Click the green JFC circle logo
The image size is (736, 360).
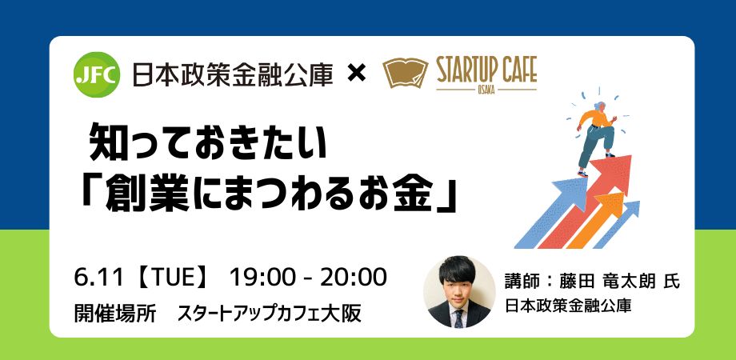[97, 74]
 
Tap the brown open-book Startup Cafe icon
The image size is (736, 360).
[406, 74]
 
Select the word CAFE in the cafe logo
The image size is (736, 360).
[524, 70]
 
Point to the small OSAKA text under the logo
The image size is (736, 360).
[486, 90]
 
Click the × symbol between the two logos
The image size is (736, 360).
[356, 74]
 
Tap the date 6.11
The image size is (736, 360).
[98, 278]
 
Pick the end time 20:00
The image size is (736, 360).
[354, 278]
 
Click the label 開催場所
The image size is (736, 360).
[115, 314]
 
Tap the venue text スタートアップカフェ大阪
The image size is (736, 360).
[269, 314]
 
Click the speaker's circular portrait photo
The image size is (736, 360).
[459, 291]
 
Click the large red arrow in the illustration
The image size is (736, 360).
[589, 202]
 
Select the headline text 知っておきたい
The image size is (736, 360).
[207, 142]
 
